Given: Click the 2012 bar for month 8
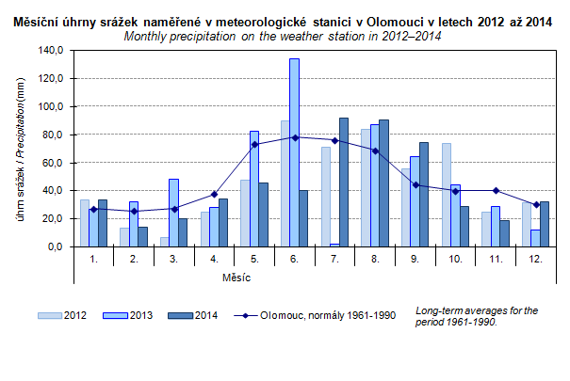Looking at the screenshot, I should (x=366, y=188).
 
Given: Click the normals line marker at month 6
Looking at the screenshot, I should (x=294, y=137).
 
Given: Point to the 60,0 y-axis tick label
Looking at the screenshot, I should (x=52, y=163).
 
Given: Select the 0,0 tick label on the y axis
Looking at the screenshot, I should (x=55, y=246).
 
